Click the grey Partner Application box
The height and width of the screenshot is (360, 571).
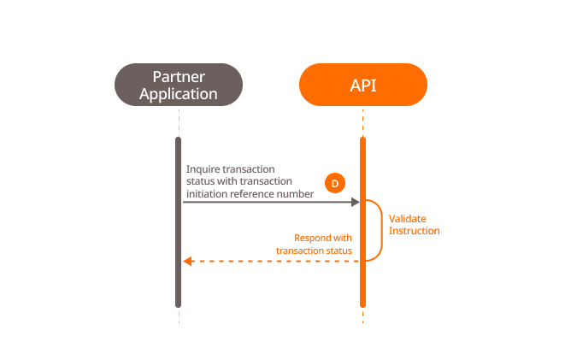tap(179, 85)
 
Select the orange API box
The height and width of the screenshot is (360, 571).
tap(362, 85)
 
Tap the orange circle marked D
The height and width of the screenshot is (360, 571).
tap(335, 183)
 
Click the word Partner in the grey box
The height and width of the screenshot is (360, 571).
tap(179, 76)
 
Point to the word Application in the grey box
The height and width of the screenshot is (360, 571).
tap(179, 93)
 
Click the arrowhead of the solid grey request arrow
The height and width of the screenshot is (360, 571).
tap(353, 203)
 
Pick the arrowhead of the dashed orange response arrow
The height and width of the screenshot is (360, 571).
tap(188, 261)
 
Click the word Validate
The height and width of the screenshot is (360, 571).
tap(408, 219)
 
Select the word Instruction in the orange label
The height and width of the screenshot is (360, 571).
tap(414, 231)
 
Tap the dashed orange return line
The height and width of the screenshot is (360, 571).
tap(274, 261)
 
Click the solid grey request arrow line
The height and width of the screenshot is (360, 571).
tap(265, 203)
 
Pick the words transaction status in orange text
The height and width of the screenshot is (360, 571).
tap(314, 250)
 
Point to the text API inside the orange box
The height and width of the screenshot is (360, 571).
tap(362, 85)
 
